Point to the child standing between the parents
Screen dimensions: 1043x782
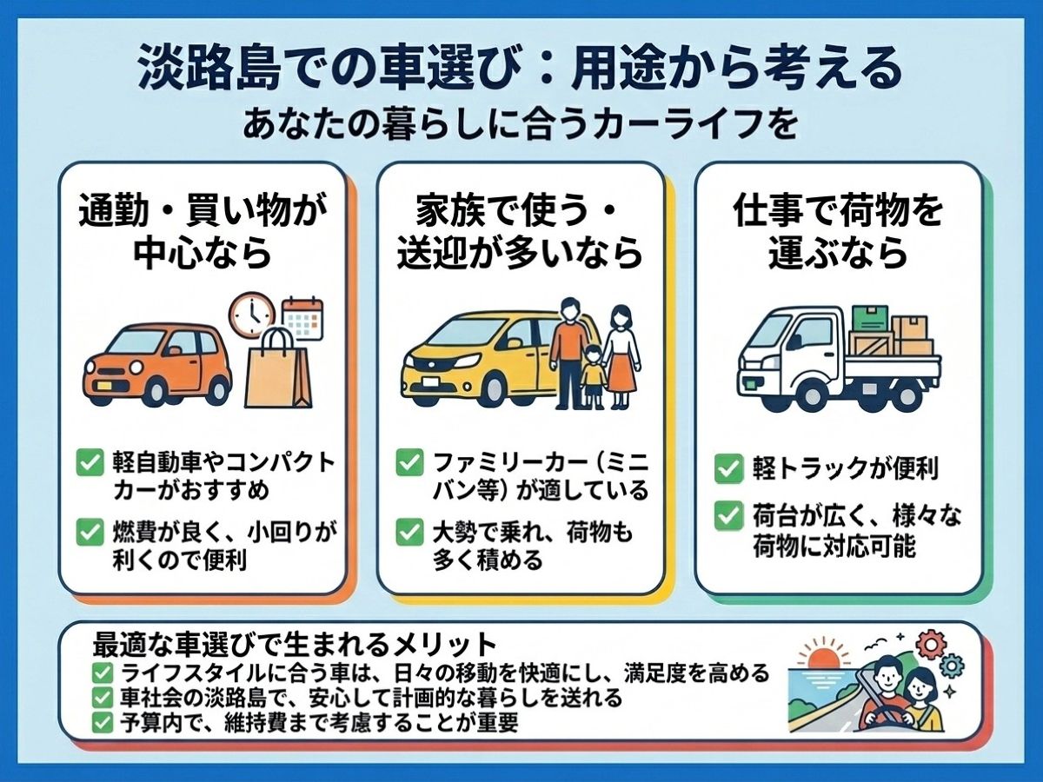(x=592, y=376)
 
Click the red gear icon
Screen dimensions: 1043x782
(x=930, y=645)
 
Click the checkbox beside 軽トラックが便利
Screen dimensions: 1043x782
(x=728, y=469)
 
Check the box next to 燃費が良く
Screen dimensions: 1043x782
(x=90, y=533)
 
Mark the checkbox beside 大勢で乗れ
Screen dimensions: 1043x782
(x=409, y=533)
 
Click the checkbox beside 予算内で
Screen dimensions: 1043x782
(x=103, y=724)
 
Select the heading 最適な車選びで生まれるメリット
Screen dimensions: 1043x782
(x=295, y=645)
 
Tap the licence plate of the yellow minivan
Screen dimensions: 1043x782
(x=431, y=381)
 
